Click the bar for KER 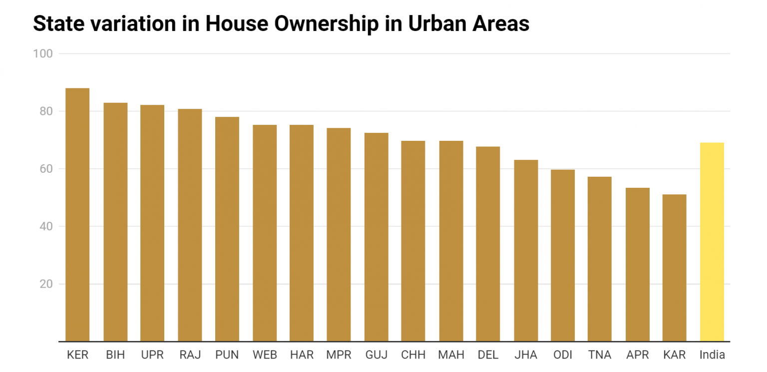[77, 215]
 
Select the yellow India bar [712, 242]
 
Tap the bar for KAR [674, 268]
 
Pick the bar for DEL [488, 244]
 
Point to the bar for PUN [227, 229]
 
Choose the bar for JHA [526, 251]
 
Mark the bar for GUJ [376, 237]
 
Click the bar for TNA [599, 259]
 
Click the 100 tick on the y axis [43, 53]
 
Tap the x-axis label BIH [115, 355]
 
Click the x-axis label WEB [265, 355]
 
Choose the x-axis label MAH [451, 355]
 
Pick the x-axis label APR [637, 355]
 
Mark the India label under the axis [712, 355]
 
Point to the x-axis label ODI [563, 355]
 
